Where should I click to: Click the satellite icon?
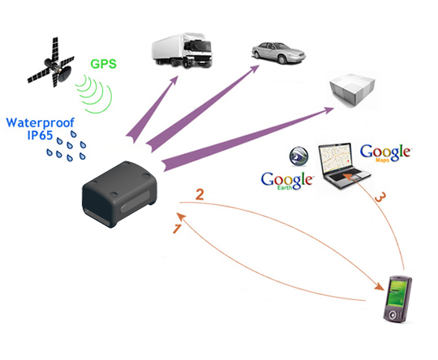[x=52, y=64]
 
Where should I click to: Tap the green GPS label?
[x=103, y=64]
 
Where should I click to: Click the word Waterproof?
[x=41, y=123]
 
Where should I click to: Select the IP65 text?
[x=40, y=135]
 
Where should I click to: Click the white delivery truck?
[x=182, y=50]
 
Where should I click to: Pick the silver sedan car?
[x=278, y=53]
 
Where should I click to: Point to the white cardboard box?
[x=352, y=90]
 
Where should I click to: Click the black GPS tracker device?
[x=119, y=194]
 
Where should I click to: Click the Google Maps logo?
[x=386, y=152]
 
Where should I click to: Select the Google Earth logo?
[x=286, y=181]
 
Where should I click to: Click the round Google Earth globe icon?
[x=298, y=156]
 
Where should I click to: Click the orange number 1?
[x=177, y=228]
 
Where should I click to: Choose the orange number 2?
[x=200, y=195]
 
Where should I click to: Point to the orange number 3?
[x=380, y=197]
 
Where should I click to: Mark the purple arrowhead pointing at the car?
[x=254, y=69]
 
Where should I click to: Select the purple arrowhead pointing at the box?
[x=328, y=110]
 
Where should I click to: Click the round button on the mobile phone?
[x=393, y=315]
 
